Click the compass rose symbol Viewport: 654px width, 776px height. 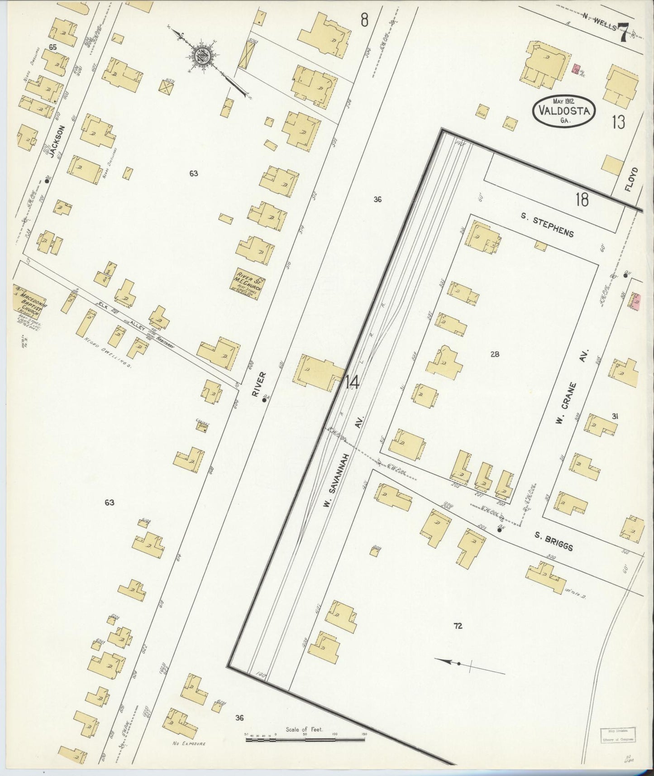click(x=202, y=57)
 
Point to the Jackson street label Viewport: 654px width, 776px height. click(x=57, y=142)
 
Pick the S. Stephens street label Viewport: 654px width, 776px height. click(x=547, y=225)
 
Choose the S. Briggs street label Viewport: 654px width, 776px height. click(x=554, y=541)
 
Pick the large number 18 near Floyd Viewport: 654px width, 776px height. click(x=582, y=199)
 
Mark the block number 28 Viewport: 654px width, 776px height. click(x=495, y=354)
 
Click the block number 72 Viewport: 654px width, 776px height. click(x=458, y=626)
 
